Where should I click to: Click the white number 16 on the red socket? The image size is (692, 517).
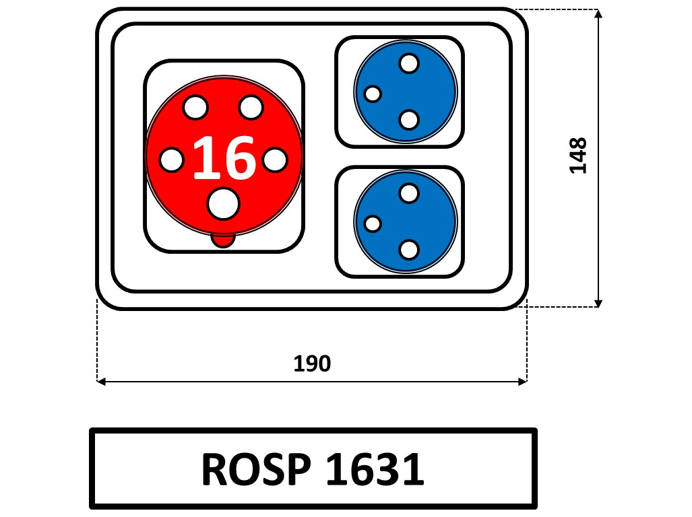[224, 158]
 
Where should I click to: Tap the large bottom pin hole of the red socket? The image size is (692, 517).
[222, 203]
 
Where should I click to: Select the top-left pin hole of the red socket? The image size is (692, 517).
[195, 106]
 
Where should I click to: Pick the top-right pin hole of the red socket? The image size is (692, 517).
[251, 106]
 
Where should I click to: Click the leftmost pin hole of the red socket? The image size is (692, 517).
[171, 160]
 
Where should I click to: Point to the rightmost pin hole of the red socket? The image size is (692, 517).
[275, 160]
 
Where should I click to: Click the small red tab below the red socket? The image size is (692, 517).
[222, 240]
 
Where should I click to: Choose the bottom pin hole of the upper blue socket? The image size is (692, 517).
[408, 120]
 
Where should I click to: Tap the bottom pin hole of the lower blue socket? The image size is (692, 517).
[408, 250]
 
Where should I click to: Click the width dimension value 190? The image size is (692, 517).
[312, 364]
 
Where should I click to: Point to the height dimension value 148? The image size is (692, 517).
[578, 156]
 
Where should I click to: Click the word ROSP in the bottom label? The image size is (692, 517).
[259, 469]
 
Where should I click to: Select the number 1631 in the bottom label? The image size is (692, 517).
[375, 469]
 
